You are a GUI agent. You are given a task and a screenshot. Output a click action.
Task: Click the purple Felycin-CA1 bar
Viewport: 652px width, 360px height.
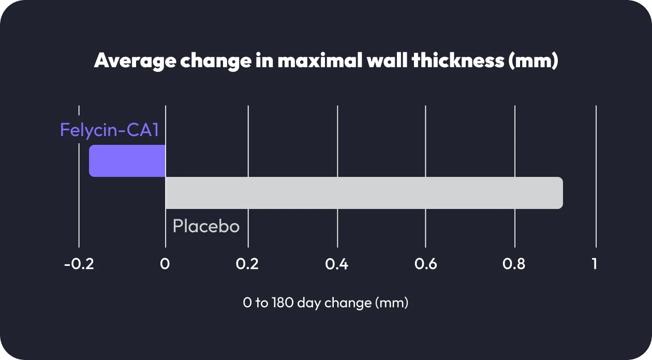(x=127, y=161)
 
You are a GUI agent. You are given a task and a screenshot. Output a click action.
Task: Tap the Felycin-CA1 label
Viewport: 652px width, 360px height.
(x=109, y=130)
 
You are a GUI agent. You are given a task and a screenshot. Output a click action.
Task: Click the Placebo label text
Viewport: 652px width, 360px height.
(x=206, y=227)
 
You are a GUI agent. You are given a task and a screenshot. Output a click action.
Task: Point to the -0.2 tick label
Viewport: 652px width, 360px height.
(x=79, y=264)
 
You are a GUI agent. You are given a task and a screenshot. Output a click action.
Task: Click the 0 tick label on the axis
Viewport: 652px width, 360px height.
(x=165, y=264)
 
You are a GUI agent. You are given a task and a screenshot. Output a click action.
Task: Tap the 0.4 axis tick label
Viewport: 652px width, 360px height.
(x=336, y=264)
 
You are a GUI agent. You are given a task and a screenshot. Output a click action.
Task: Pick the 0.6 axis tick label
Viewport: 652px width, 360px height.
(x=425, y=264)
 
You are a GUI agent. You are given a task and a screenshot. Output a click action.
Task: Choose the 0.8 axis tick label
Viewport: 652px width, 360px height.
(x=514, y=264)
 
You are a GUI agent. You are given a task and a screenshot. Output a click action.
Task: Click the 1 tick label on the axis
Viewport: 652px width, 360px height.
(x=595, y=264)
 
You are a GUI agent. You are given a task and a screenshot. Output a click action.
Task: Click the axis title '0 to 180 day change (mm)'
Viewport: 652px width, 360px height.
(x=325, y=303)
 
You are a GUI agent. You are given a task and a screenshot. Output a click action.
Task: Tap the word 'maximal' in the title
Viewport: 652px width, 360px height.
(x=319, y=61)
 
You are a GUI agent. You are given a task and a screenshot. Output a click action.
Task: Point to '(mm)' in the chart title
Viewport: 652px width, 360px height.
(x=533, y=61)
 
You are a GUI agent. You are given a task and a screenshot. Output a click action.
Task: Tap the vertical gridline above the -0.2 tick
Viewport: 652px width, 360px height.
(x=79, y=207)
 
